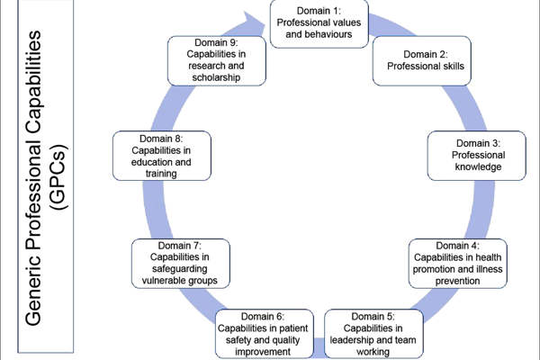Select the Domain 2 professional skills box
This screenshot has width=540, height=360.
418,58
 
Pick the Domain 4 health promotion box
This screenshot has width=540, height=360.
458,262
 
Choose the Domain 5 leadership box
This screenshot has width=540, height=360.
373,333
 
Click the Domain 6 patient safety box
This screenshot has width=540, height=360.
266,333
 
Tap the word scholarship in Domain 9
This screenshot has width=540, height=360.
215,76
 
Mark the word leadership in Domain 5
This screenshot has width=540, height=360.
356,340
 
